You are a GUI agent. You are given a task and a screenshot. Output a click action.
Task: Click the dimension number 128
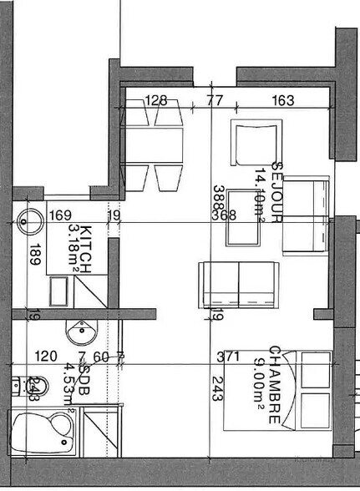click(x=156, y=101)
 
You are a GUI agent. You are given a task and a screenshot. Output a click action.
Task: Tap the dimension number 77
click(x=215, y=101)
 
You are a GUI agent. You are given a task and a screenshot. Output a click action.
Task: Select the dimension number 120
click(x=45, y=357)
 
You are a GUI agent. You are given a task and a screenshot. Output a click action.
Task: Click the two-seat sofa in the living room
click(x=238, y=286)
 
